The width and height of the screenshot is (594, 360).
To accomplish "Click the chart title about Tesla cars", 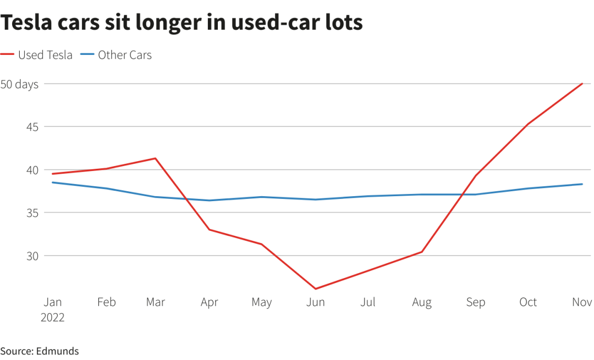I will [182, 23].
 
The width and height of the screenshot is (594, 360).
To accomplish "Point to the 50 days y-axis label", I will [19, 85].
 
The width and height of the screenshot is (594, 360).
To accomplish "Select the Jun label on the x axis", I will [316, 302].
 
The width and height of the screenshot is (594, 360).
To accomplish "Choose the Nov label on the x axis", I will [582, 302].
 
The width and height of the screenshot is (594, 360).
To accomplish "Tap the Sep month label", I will [476, 302].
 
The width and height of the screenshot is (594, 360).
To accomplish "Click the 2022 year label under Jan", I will [53, 318].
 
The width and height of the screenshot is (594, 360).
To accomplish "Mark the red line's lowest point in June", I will [316, 289].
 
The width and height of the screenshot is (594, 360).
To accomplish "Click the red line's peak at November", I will [582, 84].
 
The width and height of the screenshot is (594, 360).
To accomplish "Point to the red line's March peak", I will [156, 158].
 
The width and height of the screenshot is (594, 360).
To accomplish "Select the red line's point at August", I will [422, 252].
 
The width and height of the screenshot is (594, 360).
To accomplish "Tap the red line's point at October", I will [529, 124].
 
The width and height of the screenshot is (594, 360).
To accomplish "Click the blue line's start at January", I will [52, 182].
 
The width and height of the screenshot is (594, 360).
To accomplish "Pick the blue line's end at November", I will [582, 184].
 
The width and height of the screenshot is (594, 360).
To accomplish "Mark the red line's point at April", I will [209, 229].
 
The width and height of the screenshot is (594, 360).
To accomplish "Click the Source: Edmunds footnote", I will [40, 351].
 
